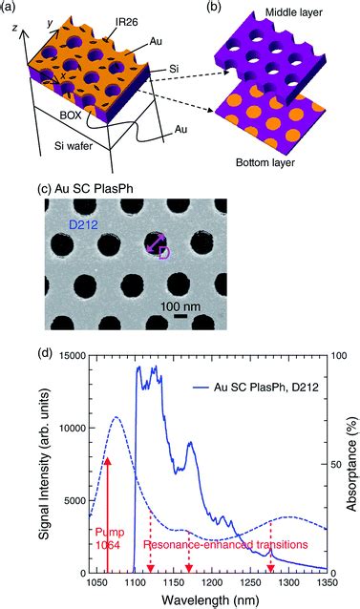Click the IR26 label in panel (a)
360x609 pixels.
[126, 23]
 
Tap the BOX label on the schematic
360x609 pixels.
[71, 115]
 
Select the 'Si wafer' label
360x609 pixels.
[74, 146]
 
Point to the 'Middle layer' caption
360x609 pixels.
[294, 12]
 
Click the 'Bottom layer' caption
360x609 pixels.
[265, 162]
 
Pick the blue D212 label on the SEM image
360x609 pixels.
[82, 224]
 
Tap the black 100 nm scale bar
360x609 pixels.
[180, 317]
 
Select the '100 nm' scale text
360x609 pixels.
[180, 306]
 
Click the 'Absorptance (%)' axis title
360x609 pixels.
[351, 464]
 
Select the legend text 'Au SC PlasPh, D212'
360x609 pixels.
[266, 388]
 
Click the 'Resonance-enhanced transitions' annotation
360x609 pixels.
[225, 544]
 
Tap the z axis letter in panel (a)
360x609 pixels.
[15, 28]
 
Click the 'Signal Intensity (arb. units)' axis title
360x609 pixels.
[45, 465]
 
